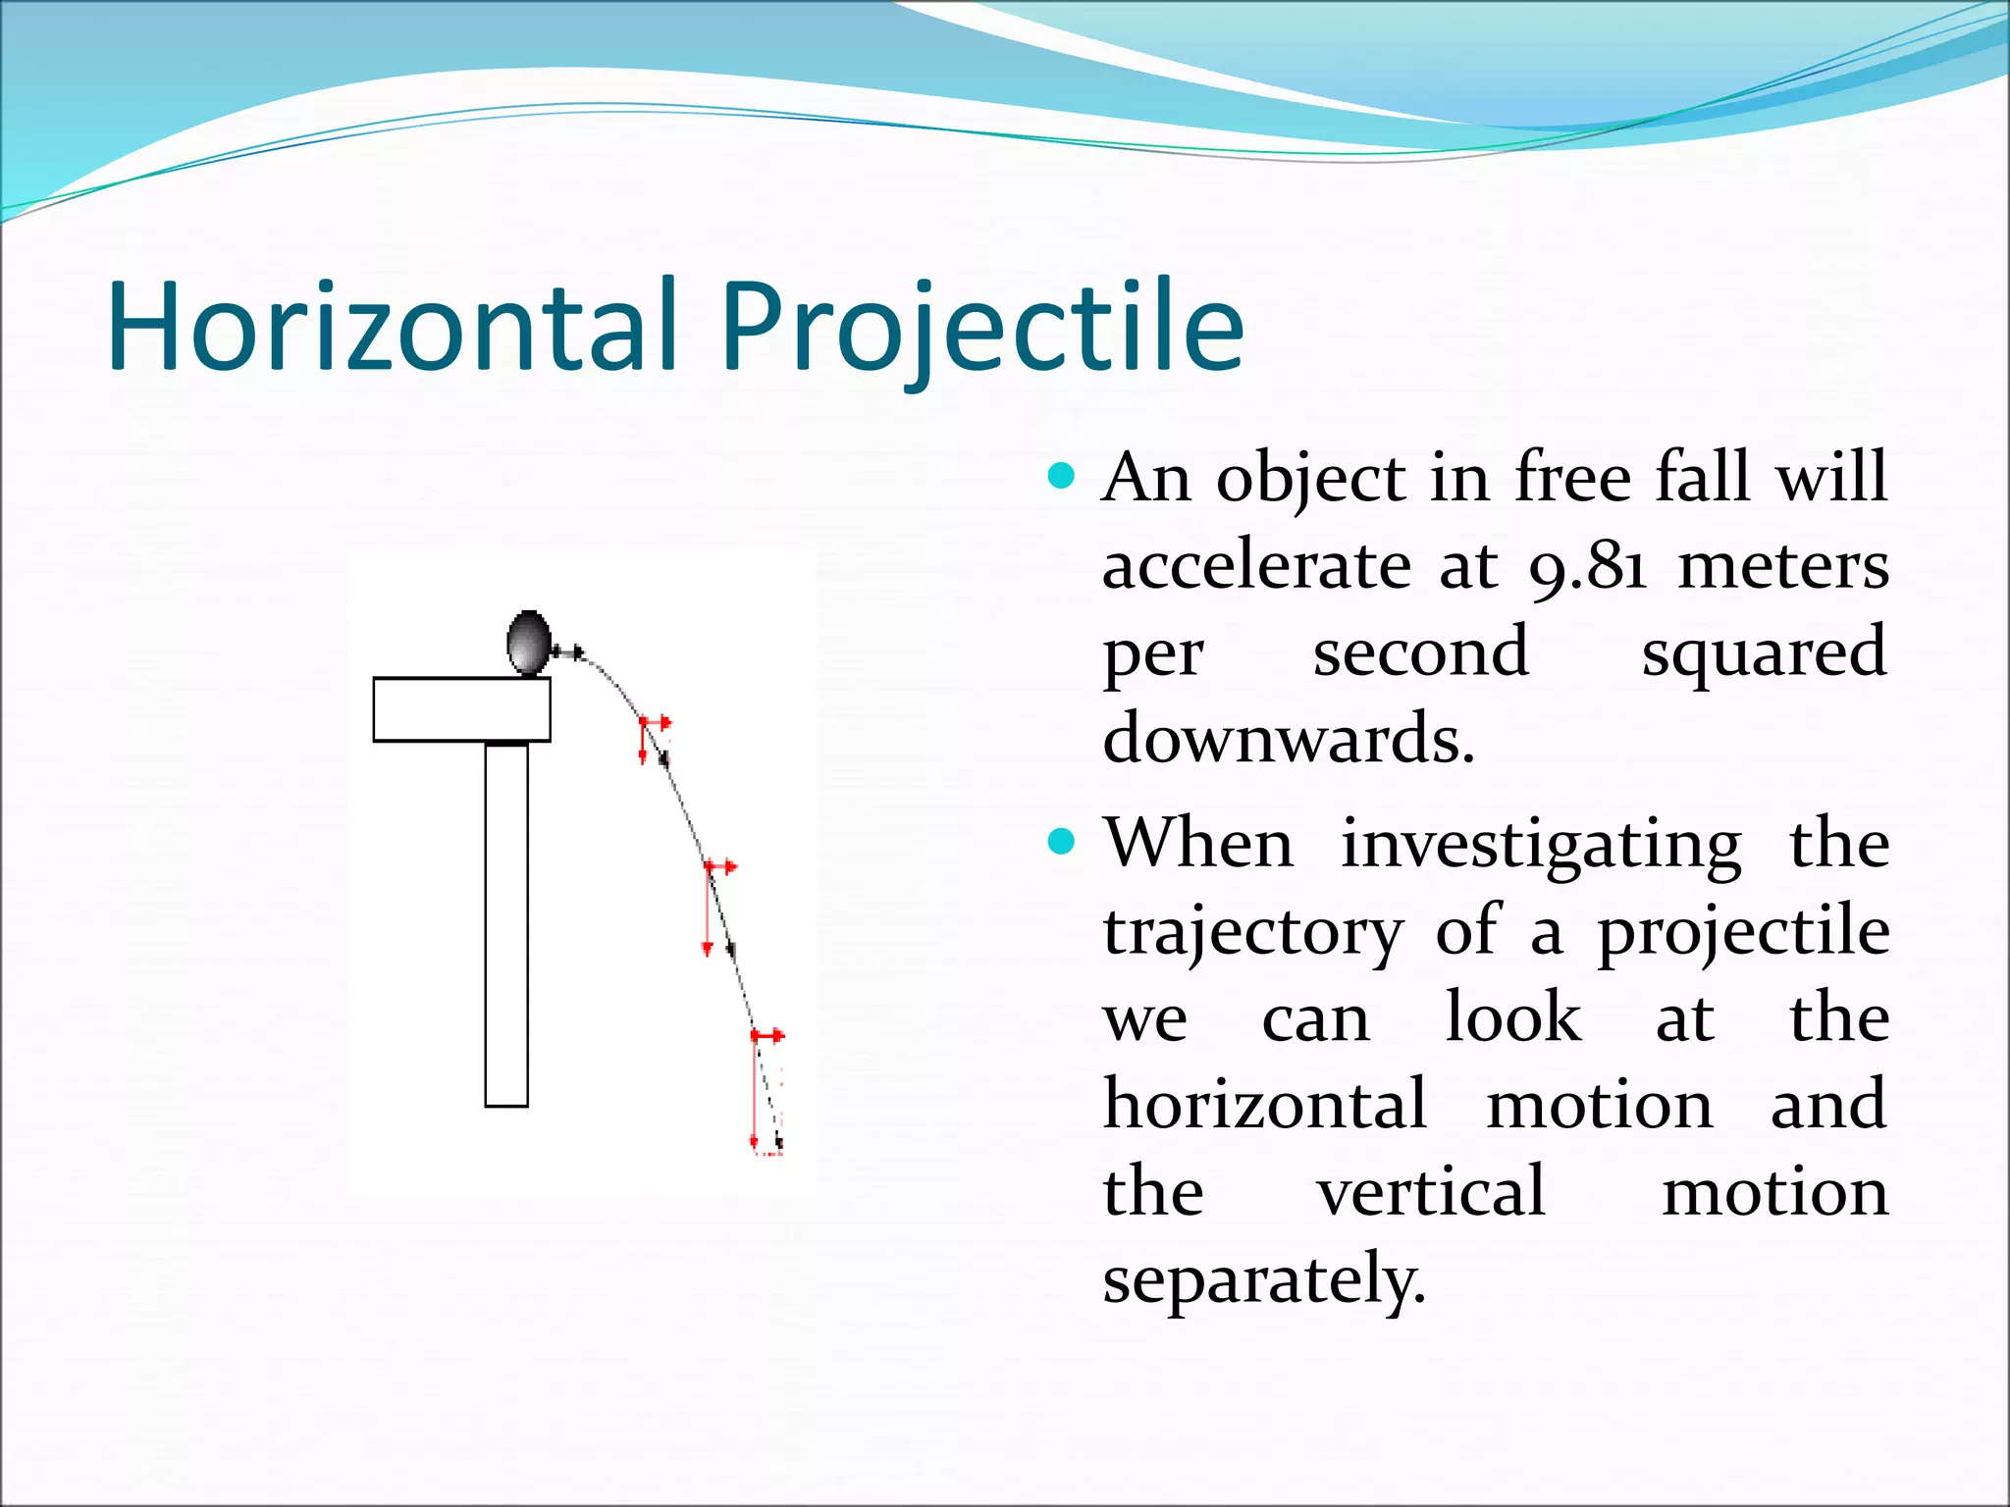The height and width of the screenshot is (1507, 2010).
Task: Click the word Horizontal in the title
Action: (393, 327)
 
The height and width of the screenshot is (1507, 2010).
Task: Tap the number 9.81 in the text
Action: (1587, 567)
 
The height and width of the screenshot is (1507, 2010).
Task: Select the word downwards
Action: (1288, 739)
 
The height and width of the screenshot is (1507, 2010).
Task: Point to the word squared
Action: (1764, 652)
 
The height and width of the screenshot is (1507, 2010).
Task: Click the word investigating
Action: (1541, 845)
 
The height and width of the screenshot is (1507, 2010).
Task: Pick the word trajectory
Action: (1253, 932)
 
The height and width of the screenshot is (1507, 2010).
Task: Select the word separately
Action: (1263, 1279)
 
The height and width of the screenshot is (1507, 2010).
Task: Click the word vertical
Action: (1431, 1192)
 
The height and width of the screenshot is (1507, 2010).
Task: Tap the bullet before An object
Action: (1061, 478)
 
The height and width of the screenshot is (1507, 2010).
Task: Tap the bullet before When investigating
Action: (1061, 842)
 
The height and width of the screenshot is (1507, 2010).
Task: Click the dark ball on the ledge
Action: (528, 643)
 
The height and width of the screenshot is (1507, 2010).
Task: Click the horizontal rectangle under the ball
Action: (461, 709)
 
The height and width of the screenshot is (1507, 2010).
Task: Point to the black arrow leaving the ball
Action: (569, 651)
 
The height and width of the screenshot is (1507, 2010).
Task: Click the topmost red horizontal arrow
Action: (656, 723)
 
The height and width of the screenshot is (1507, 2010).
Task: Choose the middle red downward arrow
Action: (708, 910)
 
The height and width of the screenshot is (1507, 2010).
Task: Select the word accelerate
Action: (1257, 567)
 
